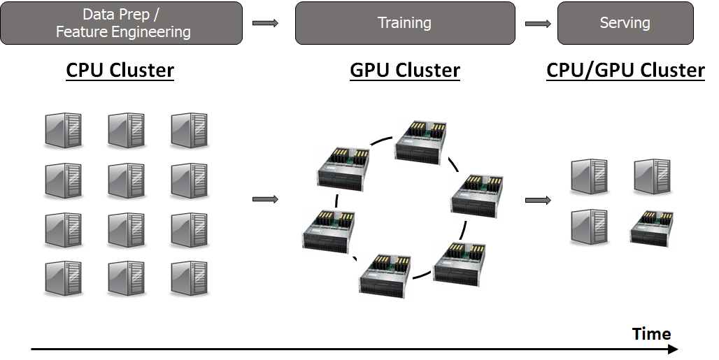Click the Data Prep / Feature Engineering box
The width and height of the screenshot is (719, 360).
[x=122, y=23]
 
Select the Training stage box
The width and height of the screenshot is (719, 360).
[x=404, y=23]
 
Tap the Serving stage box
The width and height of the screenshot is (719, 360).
[x=625, y=23]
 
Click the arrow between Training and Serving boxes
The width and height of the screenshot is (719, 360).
[x=537, y=24]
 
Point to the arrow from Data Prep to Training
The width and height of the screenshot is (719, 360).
[x=265, y=24]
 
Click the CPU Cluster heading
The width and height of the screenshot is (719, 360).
[x=120, y=71]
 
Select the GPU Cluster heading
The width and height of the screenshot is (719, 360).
[x=405, y=71]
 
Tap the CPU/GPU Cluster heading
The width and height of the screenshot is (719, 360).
[x=625, y=71]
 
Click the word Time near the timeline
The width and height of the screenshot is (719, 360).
[x=651, y=333]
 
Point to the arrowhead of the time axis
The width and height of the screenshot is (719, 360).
[x=673, y=349]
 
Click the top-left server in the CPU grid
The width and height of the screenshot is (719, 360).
[x=63, y=130]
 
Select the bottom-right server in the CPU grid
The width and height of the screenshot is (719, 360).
[x=189, y=278]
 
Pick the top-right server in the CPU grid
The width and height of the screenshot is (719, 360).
[x=189, y=130]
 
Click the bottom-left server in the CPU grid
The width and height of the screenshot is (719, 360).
[x=63, y=278]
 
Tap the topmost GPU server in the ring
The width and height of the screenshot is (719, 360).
[x=420, y=143]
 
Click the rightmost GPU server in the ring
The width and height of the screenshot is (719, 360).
[x=477, y=196]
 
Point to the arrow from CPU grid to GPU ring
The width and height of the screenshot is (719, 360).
[x=265, y=200]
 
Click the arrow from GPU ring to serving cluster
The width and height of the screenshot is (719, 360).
[x=537, y=201]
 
